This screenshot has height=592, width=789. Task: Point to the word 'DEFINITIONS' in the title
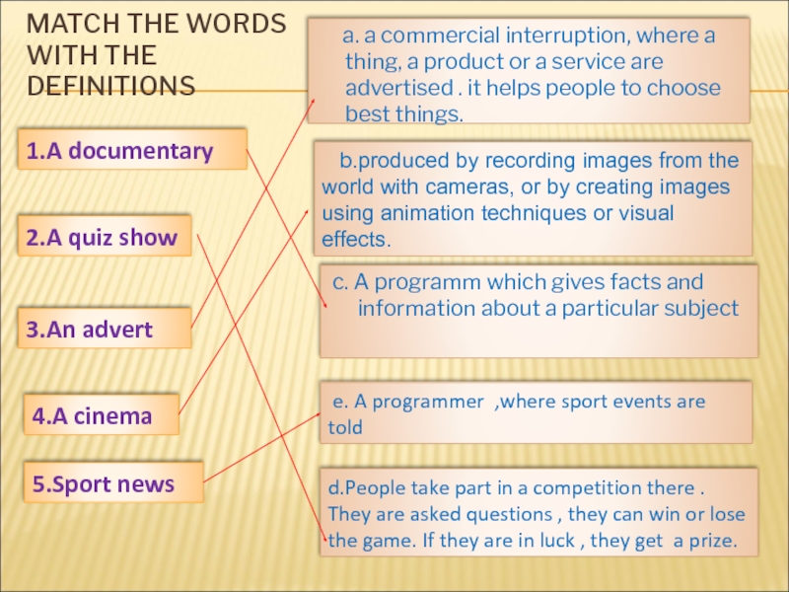[x=111, y=86]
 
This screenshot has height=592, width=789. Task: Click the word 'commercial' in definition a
[x=430, y=37]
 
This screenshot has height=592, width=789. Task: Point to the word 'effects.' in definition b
[x=356, y=240]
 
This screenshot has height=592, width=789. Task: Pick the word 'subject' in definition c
[x=702, y=308]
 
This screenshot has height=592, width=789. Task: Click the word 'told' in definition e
[x=345, y=428]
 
